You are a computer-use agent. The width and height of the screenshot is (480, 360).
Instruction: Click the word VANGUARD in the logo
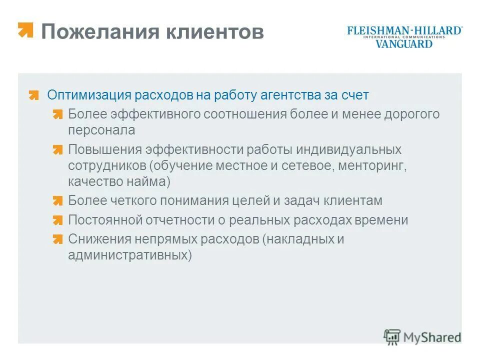coord(404,44)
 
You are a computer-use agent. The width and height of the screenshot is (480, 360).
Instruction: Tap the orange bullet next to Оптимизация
coord(33,95)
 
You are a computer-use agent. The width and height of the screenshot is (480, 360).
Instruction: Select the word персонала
coord(101,130)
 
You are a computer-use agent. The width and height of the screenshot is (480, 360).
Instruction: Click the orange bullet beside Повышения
coord(58,150)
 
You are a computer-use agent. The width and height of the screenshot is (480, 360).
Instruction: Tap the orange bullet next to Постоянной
coord(58,220)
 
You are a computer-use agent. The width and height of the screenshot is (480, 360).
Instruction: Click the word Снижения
coord(97,239)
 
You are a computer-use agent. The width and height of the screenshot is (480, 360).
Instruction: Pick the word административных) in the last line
coord(130,255)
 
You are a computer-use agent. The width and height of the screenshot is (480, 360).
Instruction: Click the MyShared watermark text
coord(432,337)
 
